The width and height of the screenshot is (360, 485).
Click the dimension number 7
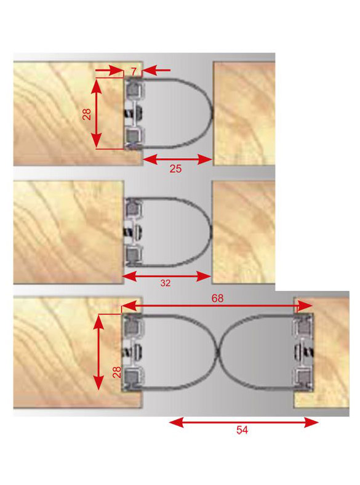coord(134,72)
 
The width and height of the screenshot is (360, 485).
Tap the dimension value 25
coord(175,169)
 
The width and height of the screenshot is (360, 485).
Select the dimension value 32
coord(166,283)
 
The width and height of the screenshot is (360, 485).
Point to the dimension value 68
coord(217,299)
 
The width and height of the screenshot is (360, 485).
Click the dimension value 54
coord(242,430)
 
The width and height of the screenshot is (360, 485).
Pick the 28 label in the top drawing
coord(87,114)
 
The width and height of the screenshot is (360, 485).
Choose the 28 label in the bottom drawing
coord(117,372)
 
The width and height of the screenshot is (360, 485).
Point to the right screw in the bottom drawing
coord(304,352)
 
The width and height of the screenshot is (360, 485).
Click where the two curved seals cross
coord(219,352)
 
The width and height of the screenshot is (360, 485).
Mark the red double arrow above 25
coord(177,159)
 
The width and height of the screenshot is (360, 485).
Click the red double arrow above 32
coord(167,276)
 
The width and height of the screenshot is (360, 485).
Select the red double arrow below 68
coord(217,307)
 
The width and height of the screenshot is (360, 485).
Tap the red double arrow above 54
coord(244,422)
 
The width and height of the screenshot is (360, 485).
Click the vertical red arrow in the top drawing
coord(97,114)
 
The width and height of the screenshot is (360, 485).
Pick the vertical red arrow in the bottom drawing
coord(98,352)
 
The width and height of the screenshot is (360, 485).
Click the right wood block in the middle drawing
coord(244,232)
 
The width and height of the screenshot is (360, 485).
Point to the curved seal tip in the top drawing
coord(212,113)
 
